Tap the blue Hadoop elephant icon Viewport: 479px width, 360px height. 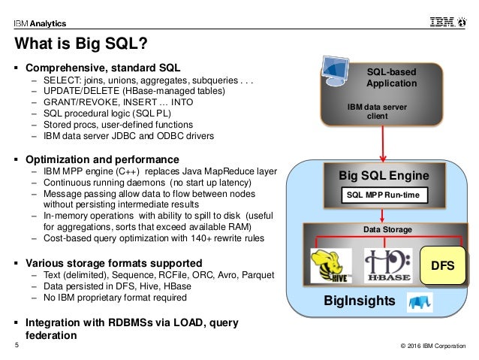(420, 302)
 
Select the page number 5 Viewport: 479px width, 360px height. (17, 345)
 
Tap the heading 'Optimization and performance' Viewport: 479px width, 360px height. (102, 159)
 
